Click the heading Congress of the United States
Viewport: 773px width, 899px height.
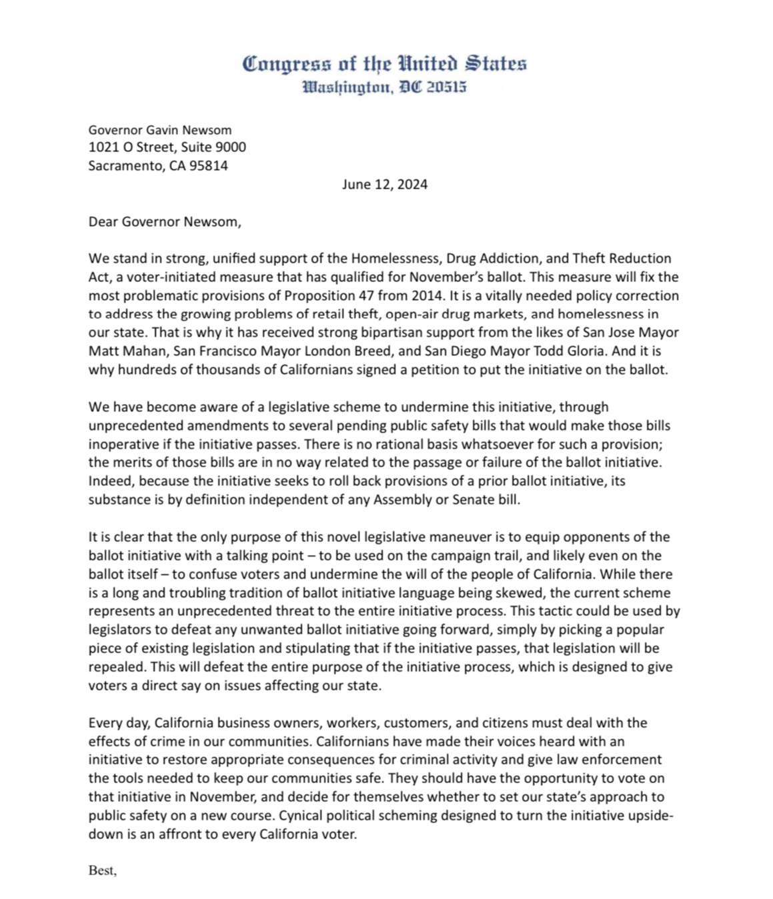384,64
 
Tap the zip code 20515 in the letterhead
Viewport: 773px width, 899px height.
446,87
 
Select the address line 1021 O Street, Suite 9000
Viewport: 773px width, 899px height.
167,147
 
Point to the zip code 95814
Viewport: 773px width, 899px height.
209,166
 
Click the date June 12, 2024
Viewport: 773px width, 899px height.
385,185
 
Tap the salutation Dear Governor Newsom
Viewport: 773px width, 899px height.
165,222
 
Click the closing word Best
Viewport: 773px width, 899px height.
101,871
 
